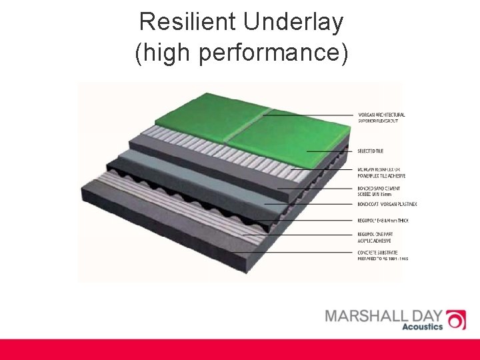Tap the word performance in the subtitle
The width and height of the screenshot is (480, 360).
pyautogui.click(x=277, y=54)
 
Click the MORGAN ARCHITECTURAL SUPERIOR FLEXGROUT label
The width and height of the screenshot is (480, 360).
pyautogui.click(x=381, y=118)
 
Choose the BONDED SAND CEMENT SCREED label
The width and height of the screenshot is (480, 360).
pyautogui.click(x=378, y=191)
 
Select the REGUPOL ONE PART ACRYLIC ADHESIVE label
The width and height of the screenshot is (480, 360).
pyautogui.click(x=377, y=237)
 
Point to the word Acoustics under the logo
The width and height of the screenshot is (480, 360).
pyautogui.click(x=422, y=327)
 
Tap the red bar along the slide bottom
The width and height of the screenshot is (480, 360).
pyautogui.click(x=240, y=349)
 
